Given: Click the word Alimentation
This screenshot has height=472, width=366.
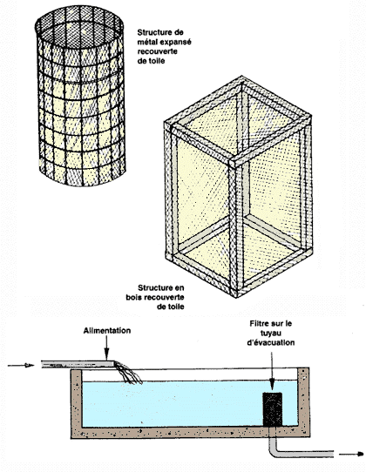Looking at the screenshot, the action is click(107, 331).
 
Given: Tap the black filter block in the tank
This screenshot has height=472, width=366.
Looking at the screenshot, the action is click(272, 409).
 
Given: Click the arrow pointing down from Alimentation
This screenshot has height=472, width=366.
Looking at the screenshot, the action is click(106, 347).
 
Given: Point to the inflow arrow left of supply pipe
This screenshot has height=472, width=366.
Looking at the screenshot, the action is click(21, 366).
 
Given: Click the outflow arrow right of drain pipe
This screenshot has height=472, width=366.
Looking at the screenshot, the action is click(351, 455).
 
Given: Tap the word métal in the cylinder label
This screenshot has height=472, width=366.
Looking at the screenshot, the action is click(147, 42).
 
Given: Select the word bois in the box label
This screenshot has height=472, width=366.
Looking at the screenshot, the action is click(134, 298).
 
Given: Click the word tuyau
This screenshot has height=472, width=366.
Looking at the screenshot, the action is click(271, 334).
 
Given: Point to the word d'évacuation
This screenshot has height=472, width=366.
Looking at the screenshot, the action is click(271, 342).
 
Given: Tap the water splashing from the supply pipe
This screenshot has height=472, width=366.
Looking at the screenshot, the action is click(128, 374).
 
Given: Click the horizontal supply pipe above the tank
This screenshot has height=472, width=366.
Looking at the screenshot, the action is click(78, 364).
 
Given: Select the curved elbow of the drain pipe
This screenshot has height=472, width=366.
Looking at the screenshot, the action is click(273, 448).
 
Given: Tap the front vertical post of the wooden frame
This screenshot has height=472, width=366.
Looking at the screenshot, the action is click(234, 228).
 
